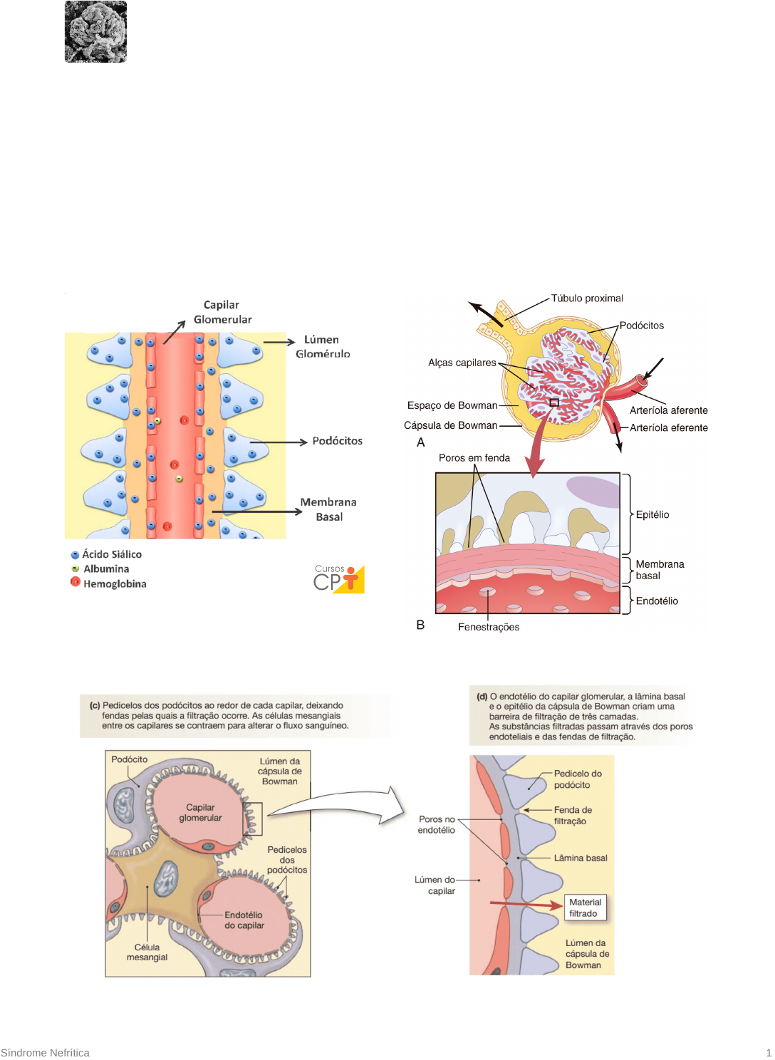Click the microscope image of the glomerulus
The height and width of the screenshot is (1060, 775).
tap(95, 31)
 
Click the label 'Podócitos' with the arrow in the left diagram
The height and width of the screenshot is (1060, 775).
tap(337, 441)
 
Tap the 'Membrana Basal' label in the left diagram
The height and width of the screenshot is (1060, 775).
tap(328, 509)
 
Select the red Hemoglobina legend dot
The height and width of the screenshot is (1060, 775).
tap(75, 582)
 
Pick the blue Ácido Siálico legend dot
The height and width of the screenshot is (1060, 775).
tap(75, 554)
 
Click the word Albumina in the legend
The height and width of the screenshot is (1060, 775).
tap(106, 569)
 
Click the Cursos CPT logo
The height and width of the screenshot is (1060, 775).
tap(339, 578)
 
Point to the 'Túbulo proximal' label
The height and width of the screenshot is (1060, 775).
tap(587, 298)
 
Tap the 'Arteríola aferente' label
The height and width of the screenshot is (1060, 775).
tap(668, 410)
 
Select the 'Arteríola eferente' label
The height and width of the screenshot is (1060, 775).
tap(668, 427)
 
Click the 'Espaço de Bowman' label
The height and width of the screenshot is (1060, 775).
tap(452, 405)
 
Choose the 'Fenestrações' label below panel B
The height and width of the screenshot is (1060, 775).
tap(489, 627)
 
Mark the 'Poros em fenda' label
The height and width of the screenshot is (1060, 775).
tap(474, 458)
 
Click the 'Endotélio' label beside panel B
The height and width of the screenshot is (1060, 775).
tap(657, 601)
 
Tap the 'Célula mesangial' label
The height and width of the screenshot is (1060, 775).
tap(147, 952)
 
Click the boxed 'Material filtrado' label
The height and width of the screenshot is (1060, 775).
tap(585, 908)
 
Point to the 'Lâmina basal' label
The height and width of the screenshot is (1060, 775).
tap(581, 858)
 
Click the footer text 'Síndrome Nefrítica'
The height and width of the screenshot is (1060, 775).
tap(45, 1053)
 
